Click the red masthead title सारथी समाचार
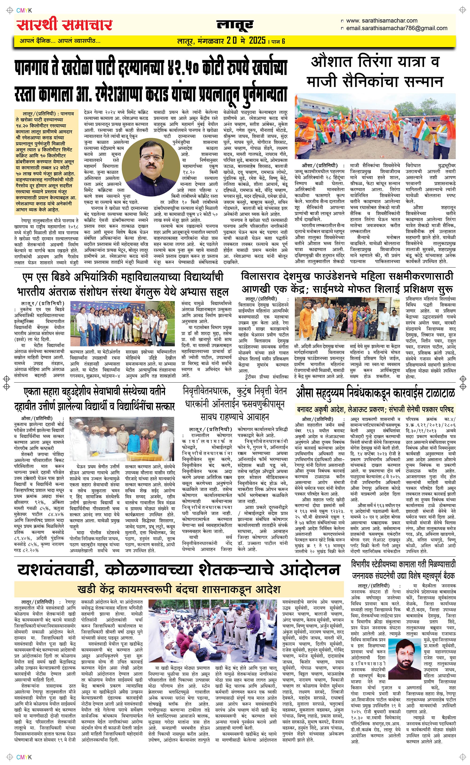65,25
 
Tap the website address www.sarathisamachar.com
381,20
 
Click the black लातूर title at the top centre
235,25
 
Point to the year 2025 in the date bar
257,40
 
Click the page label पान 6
278,41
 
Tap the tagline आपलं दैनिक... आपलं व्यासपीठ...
60,41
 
